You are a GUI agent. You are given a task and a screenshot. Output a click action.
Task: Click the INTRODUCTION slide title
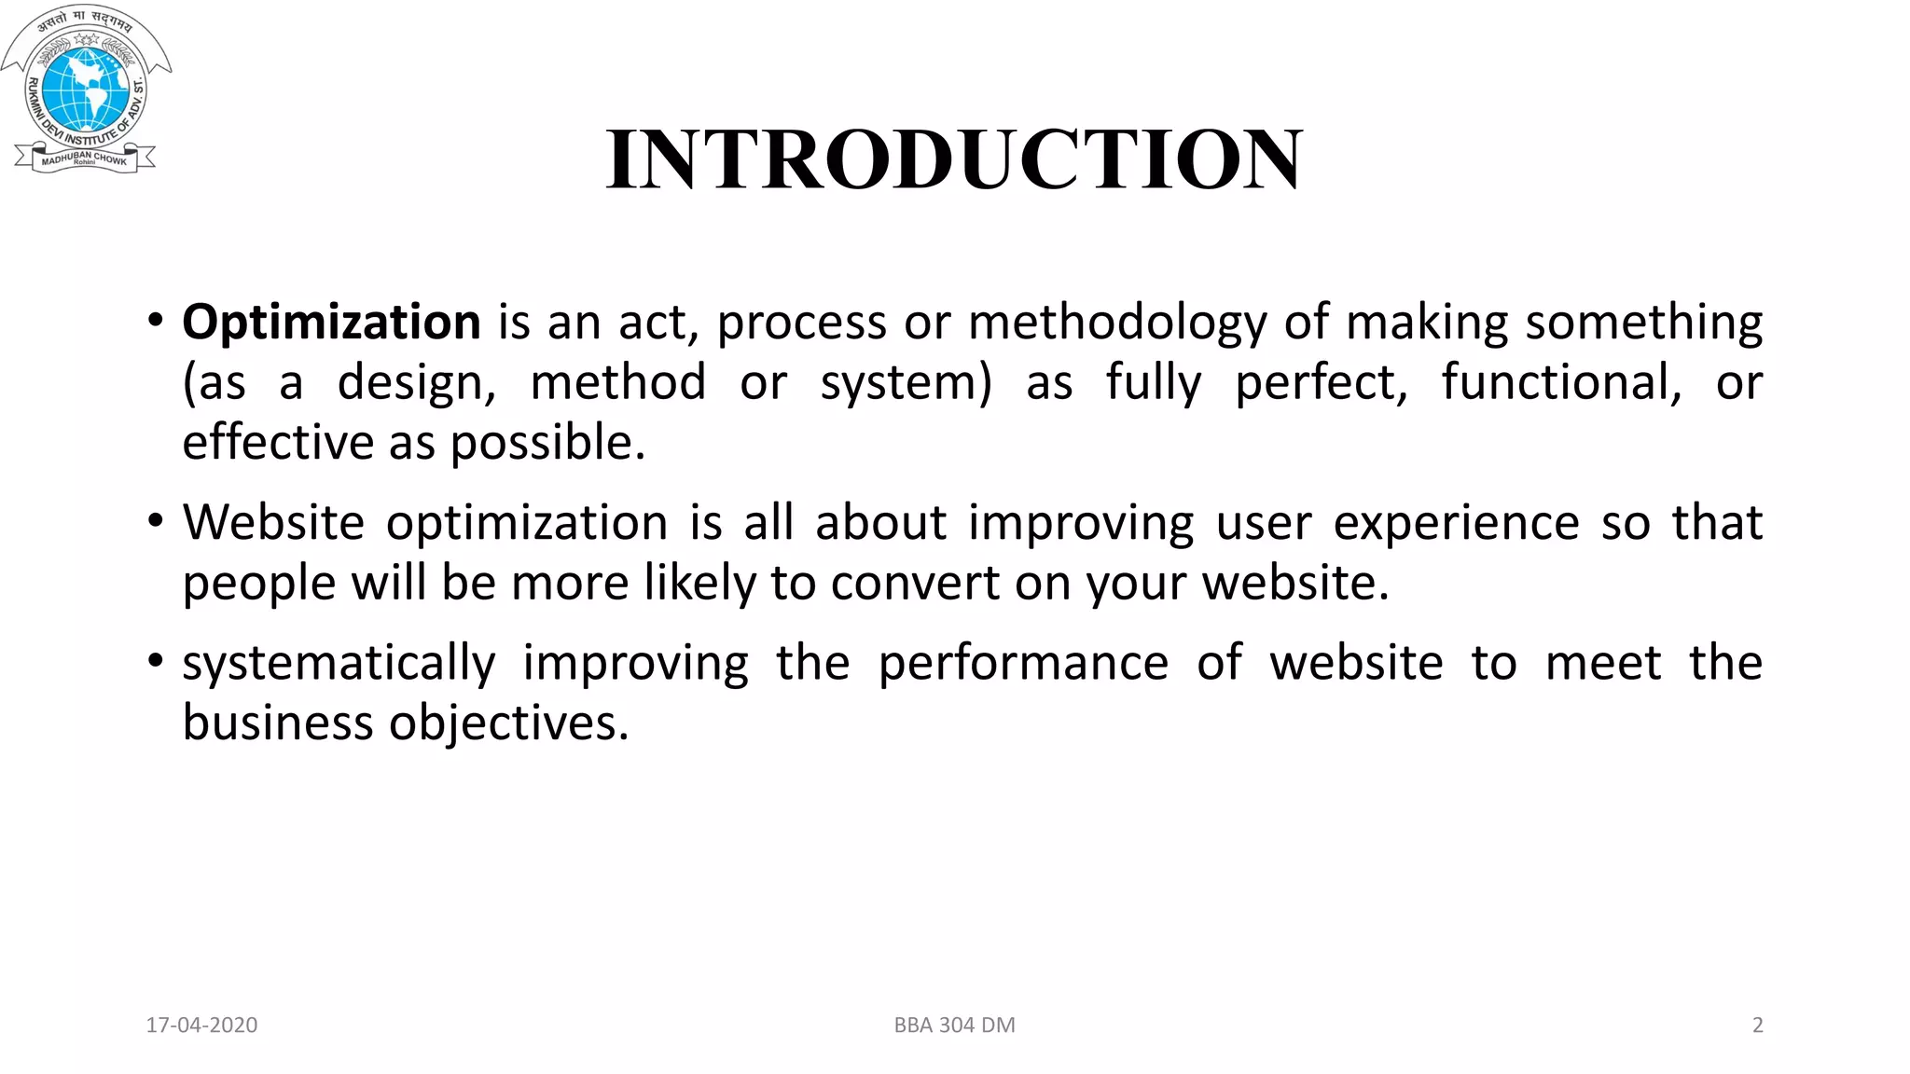(953, 159)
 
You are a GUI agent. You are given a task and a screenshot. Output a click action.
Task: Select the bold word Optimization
(331, 323)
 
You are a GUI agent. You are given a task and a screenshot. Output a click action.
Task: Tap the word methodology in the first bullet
(1117, 323)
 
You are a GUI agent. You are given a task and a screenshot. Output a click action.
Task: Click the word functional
(1561, 382)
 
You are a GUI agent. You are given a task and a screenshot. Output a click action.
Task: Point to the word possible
(547, 443)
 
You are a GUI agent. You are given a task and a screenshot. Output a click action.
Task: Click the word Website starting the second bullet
(273, 522)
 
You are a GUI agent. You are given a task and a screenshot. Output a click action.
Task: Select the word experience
(1456, 523)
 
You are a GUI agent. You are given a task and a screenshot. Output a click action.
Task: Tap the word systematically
(339, 664)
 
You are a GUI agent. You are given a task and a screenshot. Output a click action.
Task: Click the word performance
(1023, 663)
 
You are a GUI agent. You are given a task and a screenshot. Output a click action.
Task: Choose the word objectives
(509, 723)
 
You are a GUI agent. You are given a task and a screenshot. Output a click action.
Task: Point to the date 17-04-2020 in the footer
(201, 1026)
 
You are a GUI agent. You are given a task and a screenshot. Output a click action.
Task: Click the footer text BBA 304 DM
(954, 1026)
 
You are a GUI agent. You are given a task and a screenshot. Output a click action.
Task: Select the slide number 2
(1757, 1026)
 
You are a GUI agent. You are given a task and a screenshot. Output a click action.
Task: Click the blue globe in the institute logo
(86, 89)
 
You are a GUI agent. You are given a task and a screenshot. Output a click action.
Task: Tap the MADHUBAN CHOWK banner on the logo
(84, 159)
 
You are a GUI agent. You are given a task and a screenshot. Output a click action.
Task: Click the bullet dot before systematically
(156, 662)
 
